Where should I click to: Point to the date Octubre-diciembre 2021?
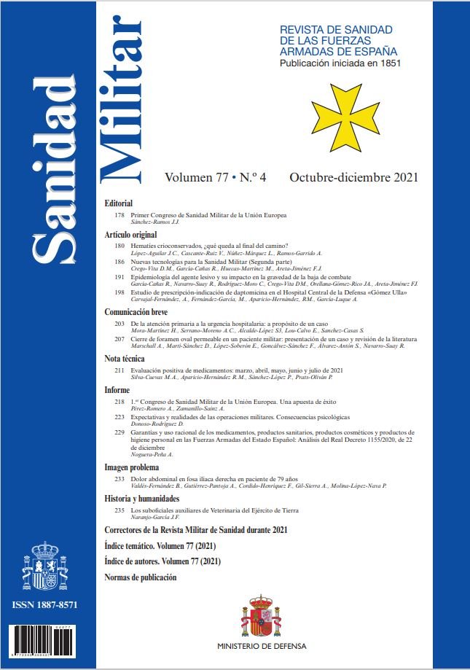(x=353, y=178)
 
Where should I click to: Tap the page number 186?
(x=120, y=261)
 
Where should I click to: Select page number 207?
(x=120, y=340)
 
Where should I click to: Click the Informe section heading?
(x=117, y=389)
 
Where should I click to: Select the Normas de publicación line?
(x=141, y=577)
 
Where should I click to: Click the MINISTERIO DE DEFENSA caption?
(x=262, y=646)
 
